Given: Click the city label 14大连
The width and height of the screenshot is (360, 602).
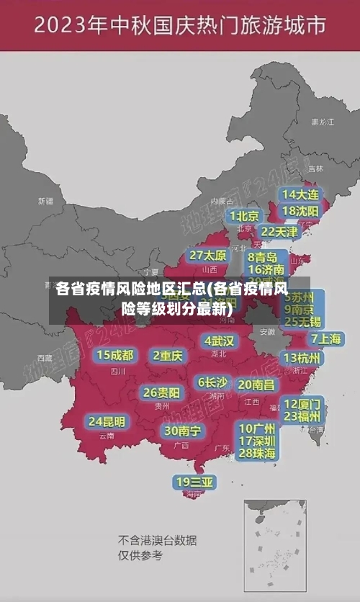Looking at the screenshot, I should [300, 194].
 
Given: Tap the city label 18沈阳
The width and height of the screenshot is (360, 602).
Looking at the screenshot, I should [300, 211].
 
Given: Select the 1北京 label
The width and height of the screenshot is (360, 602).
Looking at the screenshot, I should [245, 216].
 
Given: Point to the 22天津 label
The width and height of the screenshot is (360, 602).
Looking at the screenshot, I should [279, 232].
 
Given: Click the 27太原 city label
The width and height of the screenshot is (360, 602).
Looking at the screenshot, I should [208, 256].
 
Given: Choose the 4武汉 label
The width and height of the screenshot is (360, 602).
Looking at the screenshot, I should [219, 340].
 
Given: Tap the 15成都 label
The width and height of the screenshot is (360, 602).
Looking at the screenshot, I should [115, 355].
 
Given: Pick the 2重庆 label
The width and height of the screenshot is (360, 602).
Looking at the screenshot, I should [168, 355].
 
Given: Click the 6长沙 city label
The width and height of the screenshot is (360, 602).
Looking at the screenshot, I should [212, 382].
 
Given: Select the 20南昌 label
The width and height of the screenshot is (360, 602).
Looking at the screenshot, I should [256, 385].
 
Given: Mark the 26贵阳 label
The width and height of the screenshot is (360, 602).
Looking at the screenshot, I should [161, 392].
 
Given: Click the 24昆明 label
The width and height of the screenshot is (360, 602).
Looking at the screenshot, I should [107, 421].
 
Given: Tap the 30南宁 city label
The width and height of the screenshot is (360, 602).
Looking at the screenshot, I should [182, 431].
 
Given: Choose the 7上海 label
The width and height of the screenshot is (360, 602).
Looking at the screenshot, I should [325, 338].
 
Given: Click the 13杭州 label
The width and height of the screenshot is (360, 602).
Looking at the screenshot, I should [302, 358].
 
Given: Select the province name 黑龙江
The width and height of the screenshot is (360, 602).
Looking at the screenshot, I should [322, 122].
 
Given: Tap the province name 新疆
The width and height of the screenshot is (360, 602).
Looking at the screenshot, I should [45, 201].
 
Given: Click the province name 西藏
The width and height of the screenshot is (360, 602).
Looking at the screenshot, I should [45, 357].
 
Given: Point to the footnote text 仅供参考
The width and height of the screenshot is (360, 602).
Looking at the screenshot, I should [140, 555].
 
